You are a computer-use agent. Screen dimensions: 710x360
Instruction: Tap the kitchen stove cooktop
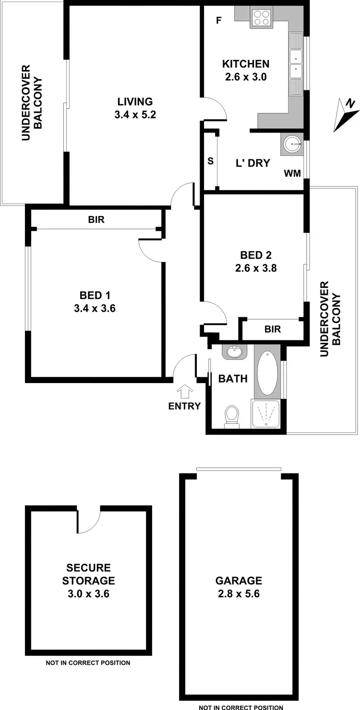click(x=262, y=17)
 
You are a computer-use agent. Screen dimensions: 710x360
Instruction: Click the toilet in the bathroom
click(x=232, y=415)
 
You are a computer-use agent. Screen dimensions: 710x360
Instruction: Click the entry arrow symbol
click(x=184, y=391)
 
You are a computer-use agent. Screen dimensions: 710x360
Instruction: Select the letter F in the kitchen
click(x=219, y=21)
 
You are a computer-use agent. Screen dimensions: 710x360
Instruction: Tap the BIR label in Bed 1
click(x=96, y=220)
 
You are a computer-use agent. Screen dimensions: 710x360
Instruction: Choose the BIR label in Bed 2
click(x=273, y=329)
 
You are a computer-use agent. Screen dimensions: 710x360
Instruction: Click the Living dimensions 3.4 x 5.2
click(x=135, y=115)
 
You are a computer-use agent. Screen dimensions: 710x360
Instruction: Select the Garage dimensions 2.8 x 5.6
click(x=239, y=594)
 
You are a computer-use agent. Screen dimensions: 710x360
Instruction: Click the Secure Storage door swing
click(x=88, y=520)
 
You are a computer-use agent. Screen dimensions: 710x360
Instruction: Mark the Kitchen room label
click(x=245, y=64)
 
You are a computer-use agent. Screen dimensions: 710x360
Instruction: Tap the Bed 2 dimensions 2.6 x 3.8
click(x=256, y=268)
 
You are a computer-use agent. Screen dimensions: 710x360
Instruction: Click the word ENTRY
click(x=184, y=406)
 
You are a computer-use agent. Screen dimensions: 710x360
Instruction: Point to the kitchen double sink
click(x=296, y=64)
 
